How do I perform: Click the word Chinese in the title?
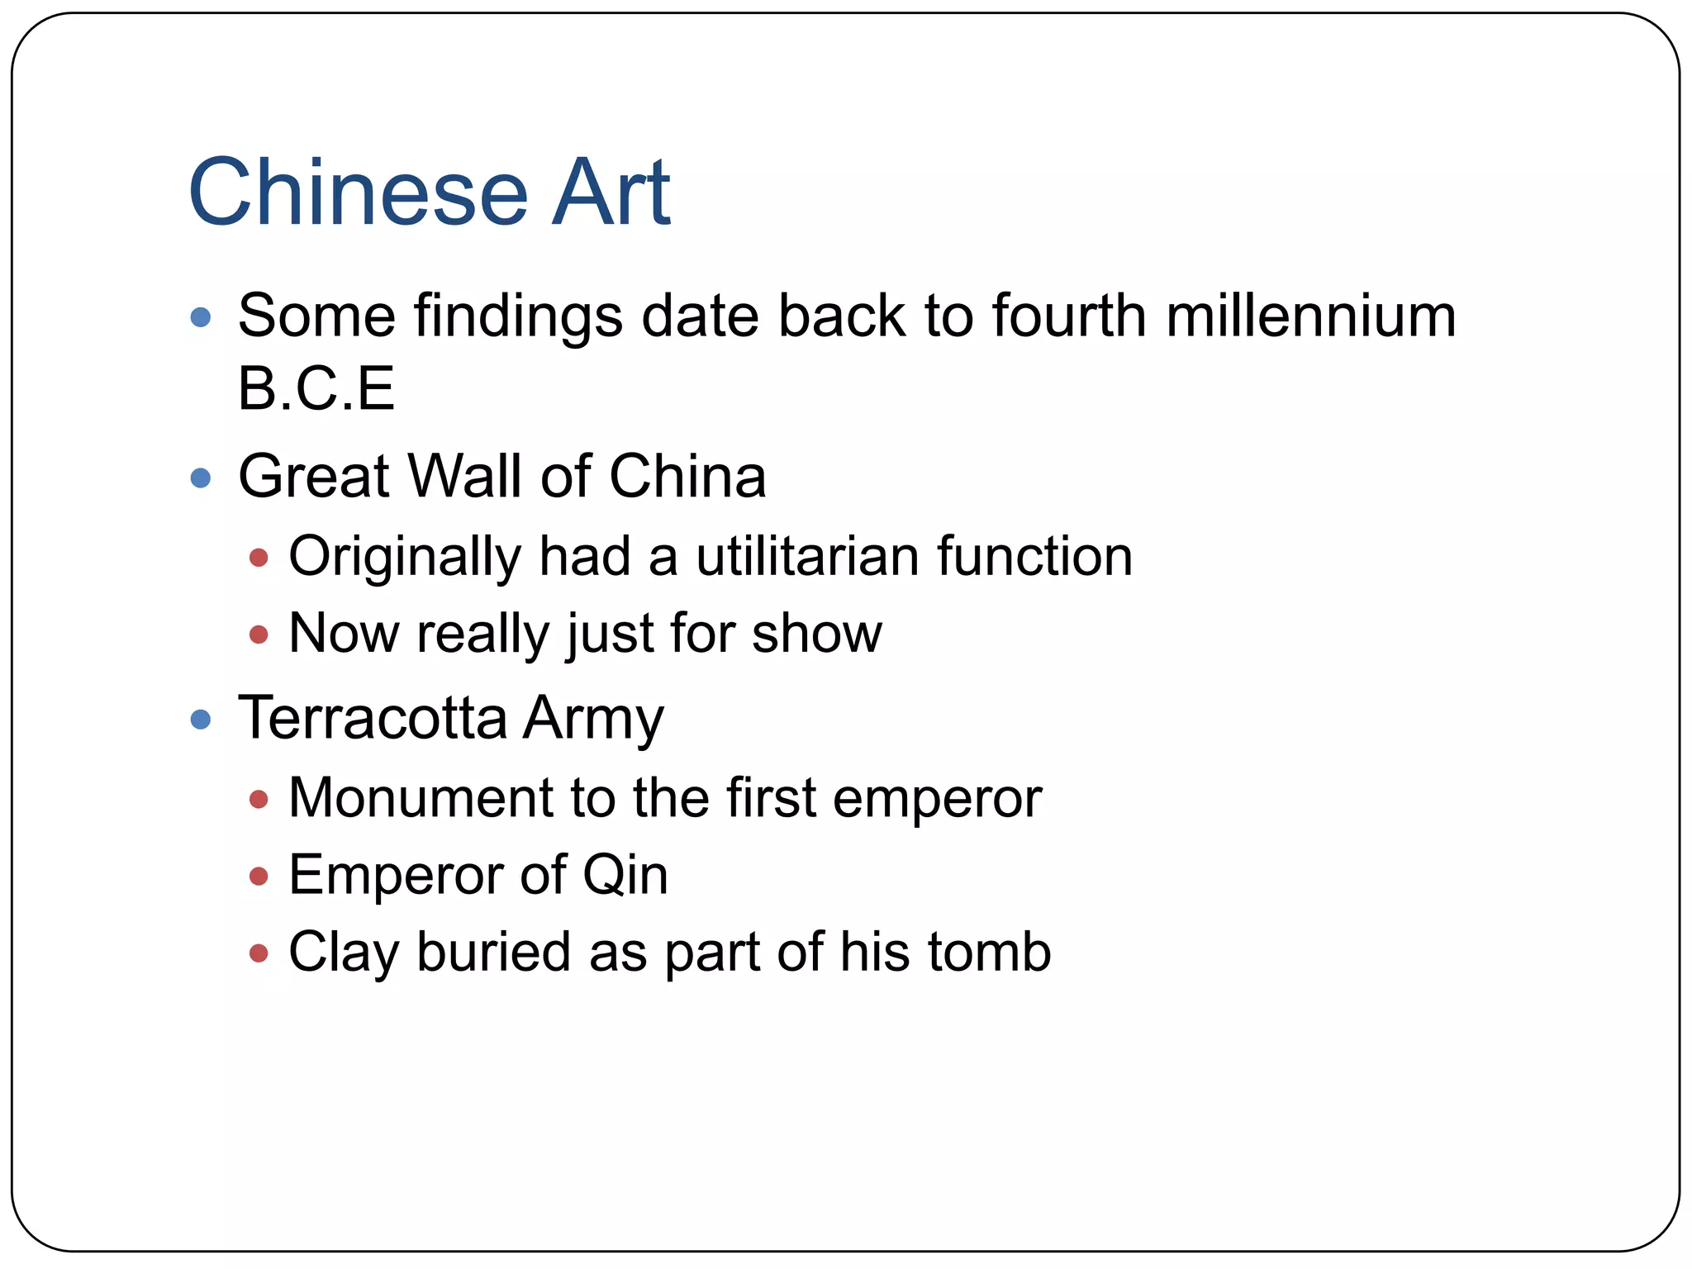358,192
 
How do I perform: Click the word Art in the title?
611,192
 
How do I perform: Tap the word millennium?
1311,316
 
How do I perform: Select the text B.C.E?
316,388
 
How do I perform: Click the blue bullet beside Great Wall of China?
200,478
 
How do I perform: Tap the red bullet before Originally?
259,558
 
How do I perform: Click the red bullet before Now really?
259,634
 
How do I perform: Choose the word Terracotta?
373,717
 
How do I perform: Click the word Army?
593,719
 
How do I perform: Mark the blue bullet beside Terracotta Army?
200,720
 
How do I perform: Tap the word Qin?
625,876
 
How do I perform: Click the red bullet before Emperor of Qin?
259,876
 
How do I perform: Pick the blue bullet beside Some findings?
200,317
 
